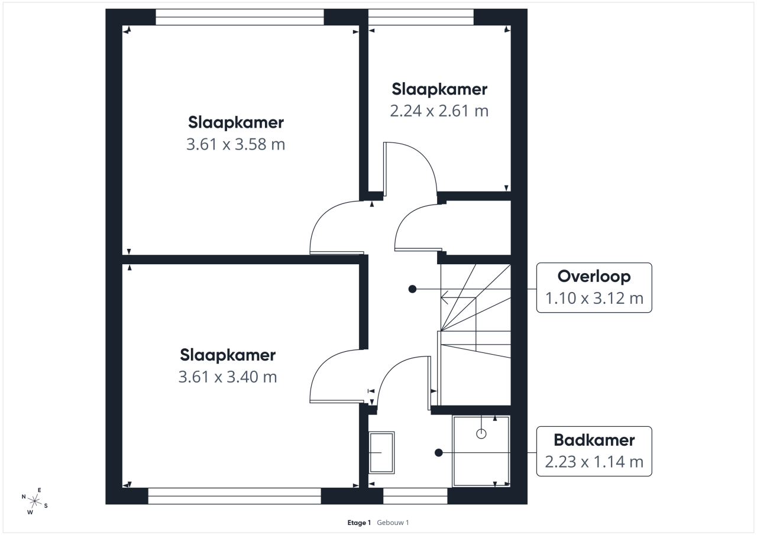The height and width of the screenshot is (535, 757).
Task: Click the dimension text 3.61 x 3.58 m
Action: pos(235,144)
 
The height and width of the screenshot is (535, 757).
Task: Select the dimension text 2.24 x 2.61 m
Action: pos(439,111)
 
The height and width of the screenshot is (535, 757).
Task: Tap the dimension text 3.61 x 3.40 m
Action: pos(228,377)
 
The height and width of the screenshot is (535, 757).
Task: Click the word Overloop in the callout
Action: pos(594,277)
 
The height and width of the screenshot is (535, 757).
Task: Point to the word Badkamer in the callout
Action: pos(594,440)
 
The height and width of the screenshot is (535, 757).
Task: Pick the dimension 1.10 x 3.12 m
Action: pos(594,298)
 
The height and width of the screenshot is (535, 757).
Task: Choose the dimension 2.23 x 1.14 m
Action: pos(594,462)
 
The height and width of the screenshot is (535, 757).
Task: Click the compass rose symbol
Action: pos(34,501)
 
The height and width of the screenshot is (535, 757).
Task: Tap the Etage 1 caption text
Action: pos(359,523)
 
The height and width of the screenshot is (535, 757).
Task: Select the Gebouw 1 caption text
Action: pos(393,523)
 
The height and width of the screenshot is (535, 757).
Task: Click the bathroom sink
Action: pos(381,453)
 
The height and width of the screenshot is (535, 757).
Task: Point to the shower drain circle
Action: pos(481,434)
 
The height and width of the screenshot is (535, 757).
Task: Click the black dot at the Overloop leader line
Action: pos(412,289)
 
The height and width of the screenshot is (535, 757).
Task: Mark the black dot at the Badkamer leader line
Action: pos(439,453)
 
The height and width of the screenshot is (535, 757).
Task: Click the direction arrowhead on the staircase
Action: pos(444,297)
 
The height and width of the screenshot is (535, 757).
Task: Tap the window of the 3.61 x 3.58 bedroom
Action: pos(240,17)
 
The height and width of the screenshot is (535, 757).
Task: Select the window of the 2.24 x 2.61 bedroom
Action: pos(420,17)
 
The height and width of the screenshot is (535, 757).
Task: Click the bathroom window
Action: pos(415,496)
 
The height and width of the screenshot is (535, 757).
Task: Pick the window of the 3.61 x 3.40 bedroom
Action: pos(235,496)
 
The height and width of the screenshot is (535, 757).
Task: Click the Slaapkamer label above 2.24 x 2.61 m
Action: pos(439,89)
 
